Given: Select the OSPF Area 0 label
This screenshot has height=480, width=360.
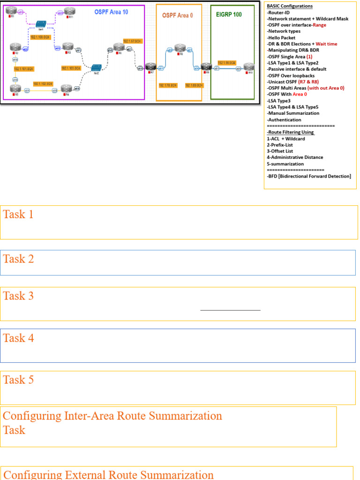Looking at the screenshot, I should tap(178, 15).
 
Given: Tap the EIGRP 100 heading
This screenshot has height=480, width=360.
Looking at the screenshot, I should tap(229, 15).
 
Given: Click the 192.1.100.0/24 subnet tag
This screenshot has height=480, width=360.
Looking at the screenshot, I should tap(40, 37).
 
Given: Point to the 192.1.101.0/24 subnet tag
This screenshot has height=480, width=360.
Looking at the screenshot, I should tap(23, 69).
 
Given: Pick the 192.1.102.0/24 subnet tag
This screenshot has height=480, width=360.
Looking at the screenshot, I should tap(42, 84).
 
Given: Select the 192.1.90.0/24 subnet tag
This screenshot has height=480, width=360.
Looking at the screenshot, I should tap(227, 62).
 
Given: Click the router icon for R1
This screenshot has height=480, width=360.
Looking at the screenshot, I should tap(12, 11).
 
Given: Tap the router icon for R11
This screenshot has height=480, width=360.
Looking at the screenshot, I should tap(70, 11).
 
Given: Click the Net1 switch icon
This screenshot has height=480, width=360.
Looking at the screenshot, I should tap(41, 23).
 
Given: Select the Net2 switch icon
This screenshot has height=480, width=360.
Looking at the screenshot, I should tap(97, 68).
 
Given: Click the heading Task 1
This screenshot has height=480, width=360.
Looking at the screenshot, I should tap(18, 215).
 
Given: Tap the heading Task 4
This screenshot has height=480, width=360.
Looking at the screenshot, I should tap(18, 338).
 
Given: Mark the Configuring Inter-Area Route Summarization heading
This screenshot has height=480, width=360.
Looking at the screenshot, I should tap(112, 416).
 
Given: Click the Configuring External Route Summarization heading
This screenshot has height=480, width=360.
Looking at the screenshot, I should tap(108, 474).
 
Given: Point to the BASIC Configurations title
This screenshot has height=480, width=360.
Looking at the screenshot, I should tap(290, 6).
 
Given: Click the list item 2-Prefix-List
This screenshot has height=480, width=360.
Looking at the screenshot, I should tap(280, 145).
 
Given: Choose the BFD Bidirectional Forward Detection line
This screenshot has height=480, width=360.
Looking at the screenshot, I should tap(308, 176).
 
